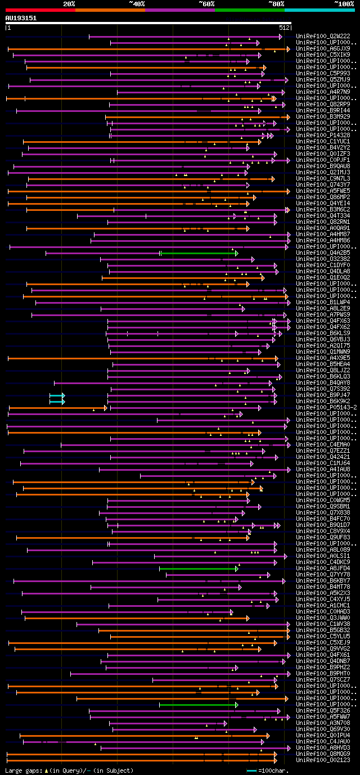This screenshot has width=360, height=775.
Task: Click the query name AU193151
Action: pyautogui.click(x=21, y=18)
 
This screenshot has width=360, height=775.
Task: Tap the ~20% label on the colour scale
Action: pyautogui.click(x=69, y=3)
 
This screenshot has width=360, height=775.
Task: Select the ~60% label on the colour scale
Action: pyautogui.click(x=206, y=3)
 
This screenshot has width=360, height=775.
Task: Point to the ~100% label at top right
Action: pyautogui.click(x=344, y=3)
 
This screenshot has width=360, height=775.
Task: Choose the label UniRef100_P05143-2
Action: pyautogui.click(x=326, y=407)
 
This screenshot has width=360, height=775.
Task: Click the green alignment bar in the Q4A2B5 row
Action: pyautogui.click(x=198, y=253)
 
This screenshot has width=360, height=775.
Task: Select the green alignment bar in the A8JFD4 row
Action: pyautogui.click(x=198, y=569)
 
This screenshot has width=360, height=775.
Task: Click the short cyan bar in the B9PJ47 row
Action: pyautogui.click(x=56, y=395)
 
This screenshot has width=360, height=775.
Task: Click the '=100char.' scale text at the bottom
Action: pyautogui.click(x=336, y=770)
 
